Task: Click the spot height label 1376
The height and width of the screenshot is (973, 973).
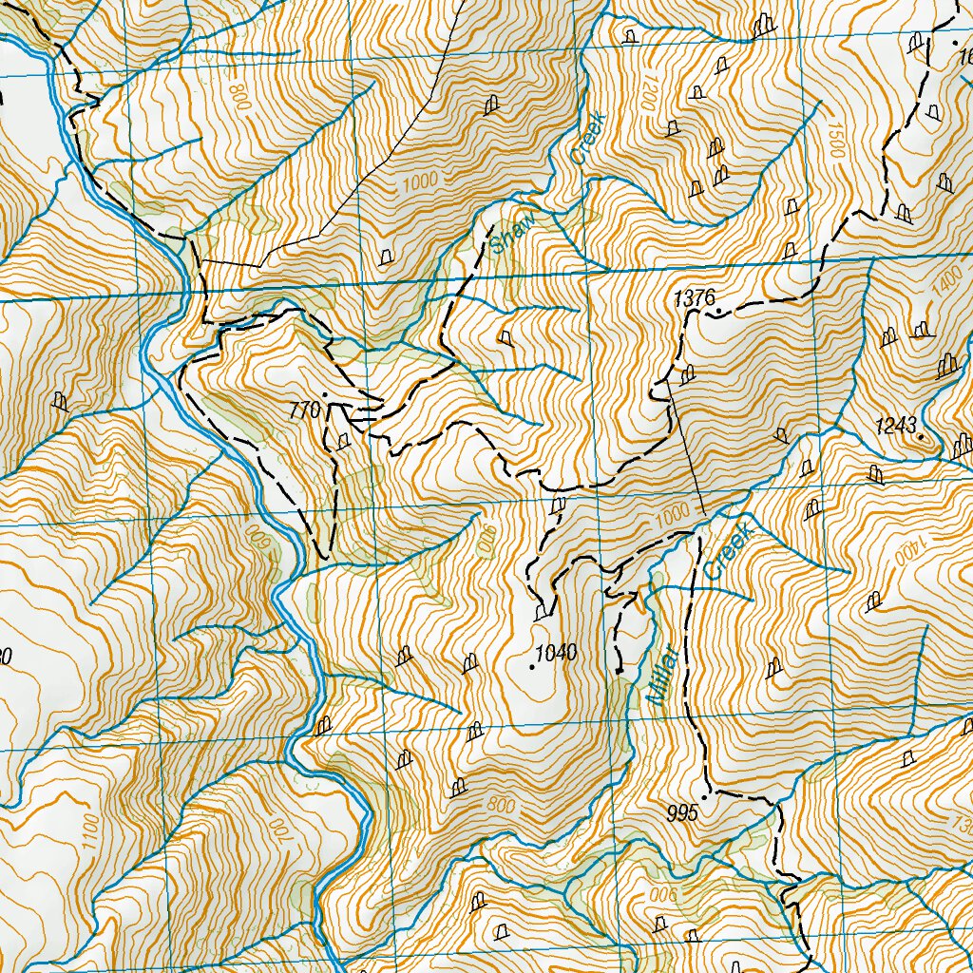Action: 694,298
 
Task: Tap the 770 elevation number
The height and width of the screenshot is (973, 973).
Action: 304,411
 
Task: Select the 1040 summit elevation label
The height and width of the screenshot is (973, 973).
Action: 557,654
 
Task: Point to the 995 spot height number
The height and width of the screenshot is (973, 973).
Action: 682,813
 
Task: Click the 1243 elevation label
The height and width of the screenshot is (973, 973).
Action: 897,426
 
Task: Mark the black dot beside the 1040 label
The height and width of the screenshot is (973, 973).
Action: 531,667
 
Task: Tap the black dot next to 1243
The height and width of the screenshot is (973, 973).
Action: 921,436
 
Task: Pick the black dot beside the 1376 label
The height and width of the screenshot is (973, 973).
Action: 720,311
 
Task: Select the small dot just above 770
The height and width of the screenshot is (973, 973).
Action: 325,394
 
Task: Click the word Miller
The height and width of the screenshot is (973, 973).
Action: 662,675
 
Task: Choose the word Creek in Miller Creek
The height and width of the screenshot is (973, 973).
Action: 729,551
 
